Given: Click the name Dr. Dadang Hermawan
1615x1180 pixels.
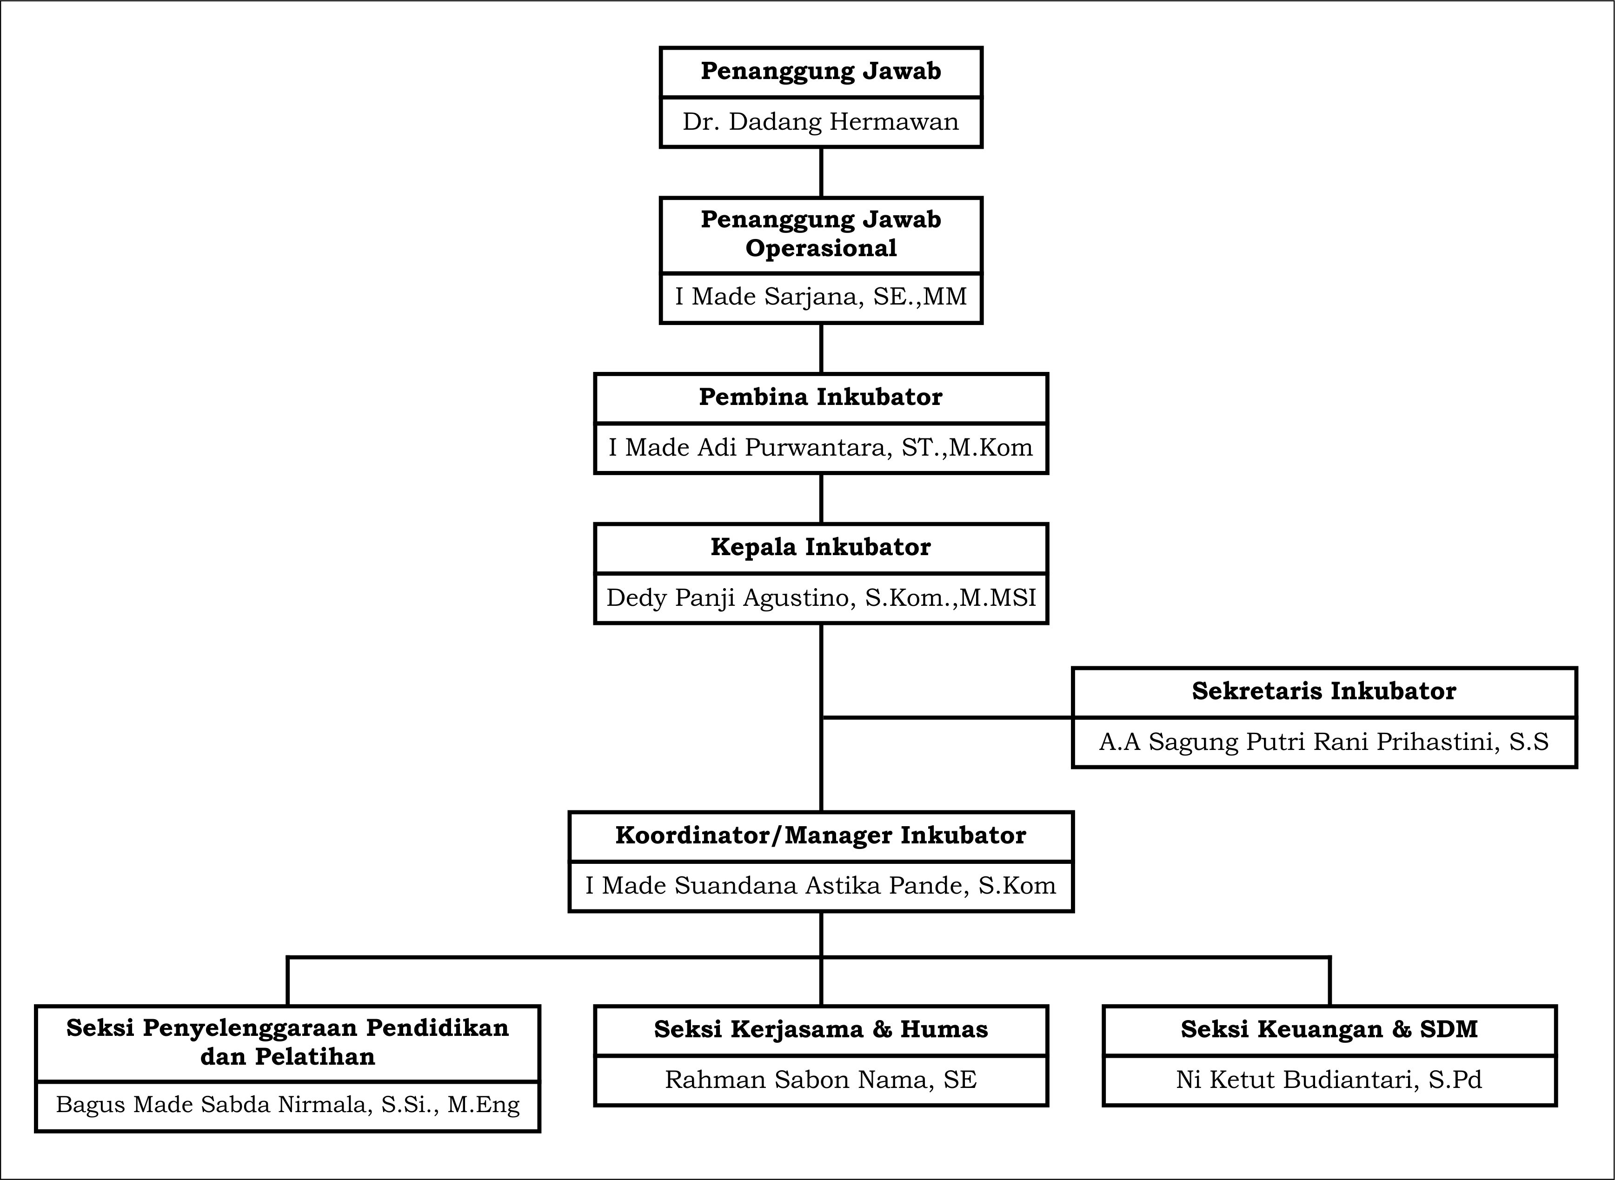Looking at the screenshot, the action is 821,122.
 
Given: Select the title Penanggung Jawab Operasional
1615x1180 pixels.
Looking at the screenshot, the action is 821,233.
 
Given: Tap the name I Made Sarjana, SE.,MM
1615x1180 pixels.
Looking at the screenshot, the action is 821,297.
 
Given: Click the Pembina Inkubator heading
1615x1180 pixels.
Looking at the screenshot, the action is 821,397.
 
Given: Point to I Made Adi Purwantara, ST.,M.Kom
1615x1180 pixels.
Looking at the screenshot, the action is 821,448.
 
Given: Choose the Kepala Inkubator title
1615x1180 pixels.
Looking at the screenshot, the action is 821,547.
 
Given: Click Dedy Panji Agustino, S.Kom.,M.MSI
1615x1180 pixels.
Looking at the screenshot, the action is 821,598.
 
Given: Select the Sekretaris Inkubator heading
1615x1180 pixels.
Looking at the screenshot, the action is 1323,691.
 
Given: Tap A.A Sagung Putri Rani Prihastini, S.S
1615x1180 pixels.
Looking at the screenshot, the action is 1323,742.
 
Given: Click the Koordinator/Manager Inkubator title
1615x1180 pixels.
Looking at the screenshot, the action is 821,835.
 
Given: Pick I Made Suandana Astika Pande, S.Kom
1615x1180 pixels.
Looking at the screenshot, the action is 821,886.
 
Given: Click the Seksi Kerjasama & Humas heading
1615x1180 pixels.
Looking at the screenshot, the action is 821,1029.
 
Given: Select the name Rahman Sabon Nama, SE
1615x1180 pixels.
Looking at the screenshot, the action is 821,1080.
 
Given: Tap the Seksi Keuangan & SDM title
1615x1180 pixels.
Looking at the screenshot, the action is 1329,1029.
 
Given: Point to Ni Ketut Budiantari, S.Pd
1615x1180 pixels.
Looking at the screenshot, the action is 1329,1080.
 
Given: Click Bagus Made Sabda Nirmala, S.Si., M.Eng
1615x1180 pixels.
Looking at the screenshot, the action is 288,1105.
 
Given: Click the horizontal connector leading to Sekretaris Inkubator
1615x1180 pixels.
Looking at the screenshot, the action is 947,717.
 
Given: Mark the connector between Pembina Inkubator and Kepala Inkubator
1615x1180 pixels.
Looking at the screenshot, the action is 821,498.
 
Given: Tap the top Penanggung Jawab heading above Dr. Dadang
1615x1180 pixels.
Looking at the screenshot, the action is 821,72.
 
